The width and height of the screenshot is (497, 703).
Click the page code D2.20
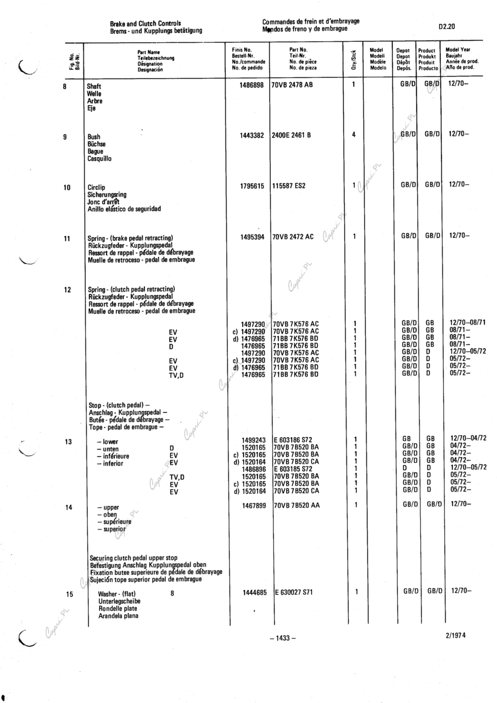tap(448, 27)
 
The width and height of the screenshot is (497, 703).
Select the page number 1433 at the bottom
tap(281, 637)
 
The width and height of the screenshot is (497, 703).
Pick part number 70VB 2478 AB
tap(293, 86)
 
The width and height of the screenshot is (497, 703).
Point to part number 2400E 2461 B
tap(291, 135)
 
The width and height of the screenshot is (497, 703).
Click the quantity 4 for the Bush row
tap(354, 135)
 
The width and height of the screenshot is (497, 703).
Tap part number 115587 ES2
tap(289, 186)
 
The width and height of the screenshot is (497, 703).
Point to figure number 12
tap(68, 290)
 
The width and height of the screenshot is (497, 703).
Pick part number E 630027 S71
tap(296, 593)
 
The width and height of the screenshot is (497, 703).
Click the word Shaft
tap(94, 87)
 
